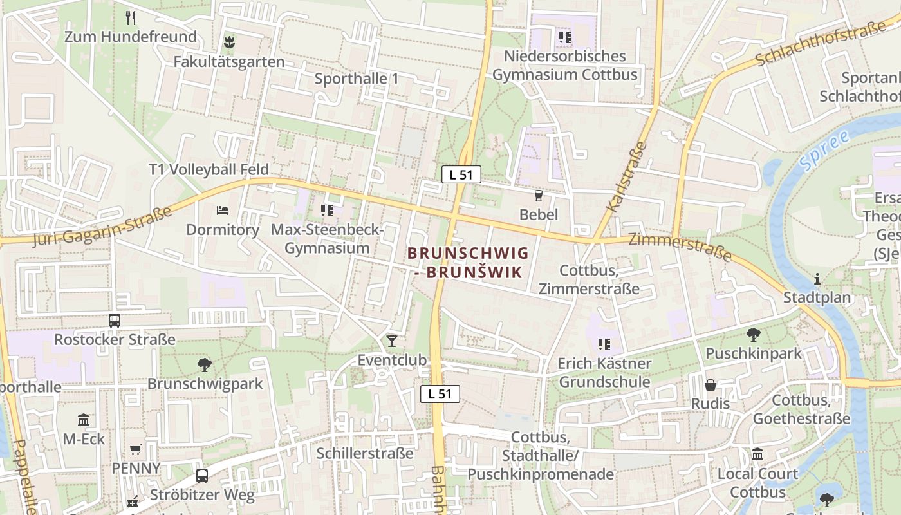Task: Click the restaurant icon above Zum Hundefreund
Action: (131, 17)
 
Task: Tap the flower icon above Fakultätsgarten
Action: (228, 43)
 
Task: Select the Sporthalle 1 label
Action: (357, 79)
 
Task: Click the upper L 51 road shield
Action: (461, 174)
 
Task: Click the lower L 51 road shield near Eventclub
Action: (440, 394)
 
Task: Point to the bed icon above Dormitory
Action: (223, 211)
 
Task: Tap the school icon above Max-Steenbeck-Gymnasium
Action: (327, 210)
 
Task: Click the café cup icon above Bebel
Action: (539, 196)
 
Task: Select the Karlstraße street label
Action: (626, 176)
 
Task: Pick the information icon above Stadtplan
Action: (817, 279)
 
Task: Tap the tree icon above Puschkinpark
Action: (754, 335)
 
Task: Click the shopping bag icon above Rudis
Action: (711, 385)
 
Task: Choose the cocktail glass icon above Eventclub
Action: (392, 341)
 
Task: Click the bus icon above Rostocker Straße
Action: (115, 320)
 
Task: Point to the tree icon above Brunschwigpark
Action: (205, 365)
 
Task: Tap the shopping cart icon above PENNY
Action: (136, 449)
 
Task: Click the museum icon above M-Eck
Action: (84, 420)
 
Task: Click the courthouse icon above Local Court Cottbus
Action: (757, 454)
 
